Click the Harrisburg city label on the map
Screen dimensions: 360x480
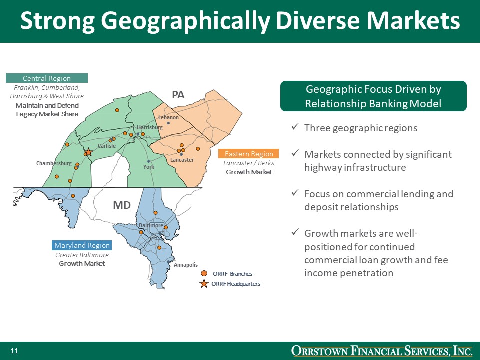150,128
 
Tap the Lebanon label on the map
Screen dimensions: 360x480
168,117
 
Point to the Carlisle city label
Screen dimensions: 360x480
107,146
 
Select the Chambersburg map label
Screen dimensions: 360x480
54,163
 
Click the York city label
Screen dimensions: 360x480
149,167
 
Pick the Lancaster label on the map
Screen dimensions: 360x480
182,160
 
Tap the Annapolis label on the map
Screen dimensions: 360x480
186,265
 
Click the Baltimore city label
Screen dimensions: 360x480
151,225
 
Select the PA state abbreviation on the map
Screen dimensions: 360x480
178,94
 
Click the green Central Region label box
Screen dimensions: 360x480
47,78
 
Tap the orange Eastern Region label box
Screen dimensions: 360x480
249,154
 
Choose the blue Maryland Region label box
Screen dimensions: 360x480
82,245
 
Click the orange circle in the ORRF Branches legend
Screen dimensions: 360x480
204,273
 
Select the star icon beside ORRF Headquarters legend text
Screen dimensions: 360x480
204,284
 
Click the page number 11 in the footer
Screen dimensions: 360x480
14,351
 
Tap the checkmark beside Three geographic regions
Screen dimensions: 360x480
295,128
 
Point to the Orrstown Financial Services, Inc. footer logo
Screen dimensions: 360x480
382,351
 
